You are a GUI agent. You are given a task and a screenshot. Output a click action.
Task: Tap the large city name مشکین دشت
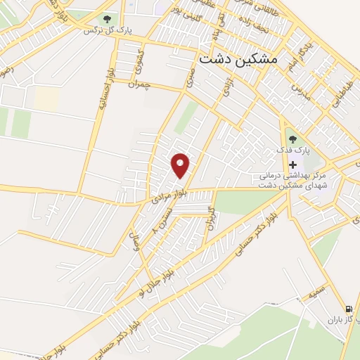pyautogui.click(x=238, y=60)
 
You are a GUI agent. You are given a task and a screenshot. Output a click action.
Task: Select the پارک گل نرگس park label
pyautogui.click(x=108, y=30)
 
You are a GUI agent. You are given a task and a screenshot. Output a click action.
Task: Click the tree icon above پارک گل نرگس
pyautogui.click(x=107, y=19)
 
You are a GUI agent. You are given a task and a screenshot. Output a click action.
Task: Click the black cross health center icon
pyautogui.click(x=292, y=164)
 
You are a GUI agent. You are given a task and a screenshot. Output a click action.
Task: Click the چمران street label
pyautogui.click(x=139, y=84)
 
